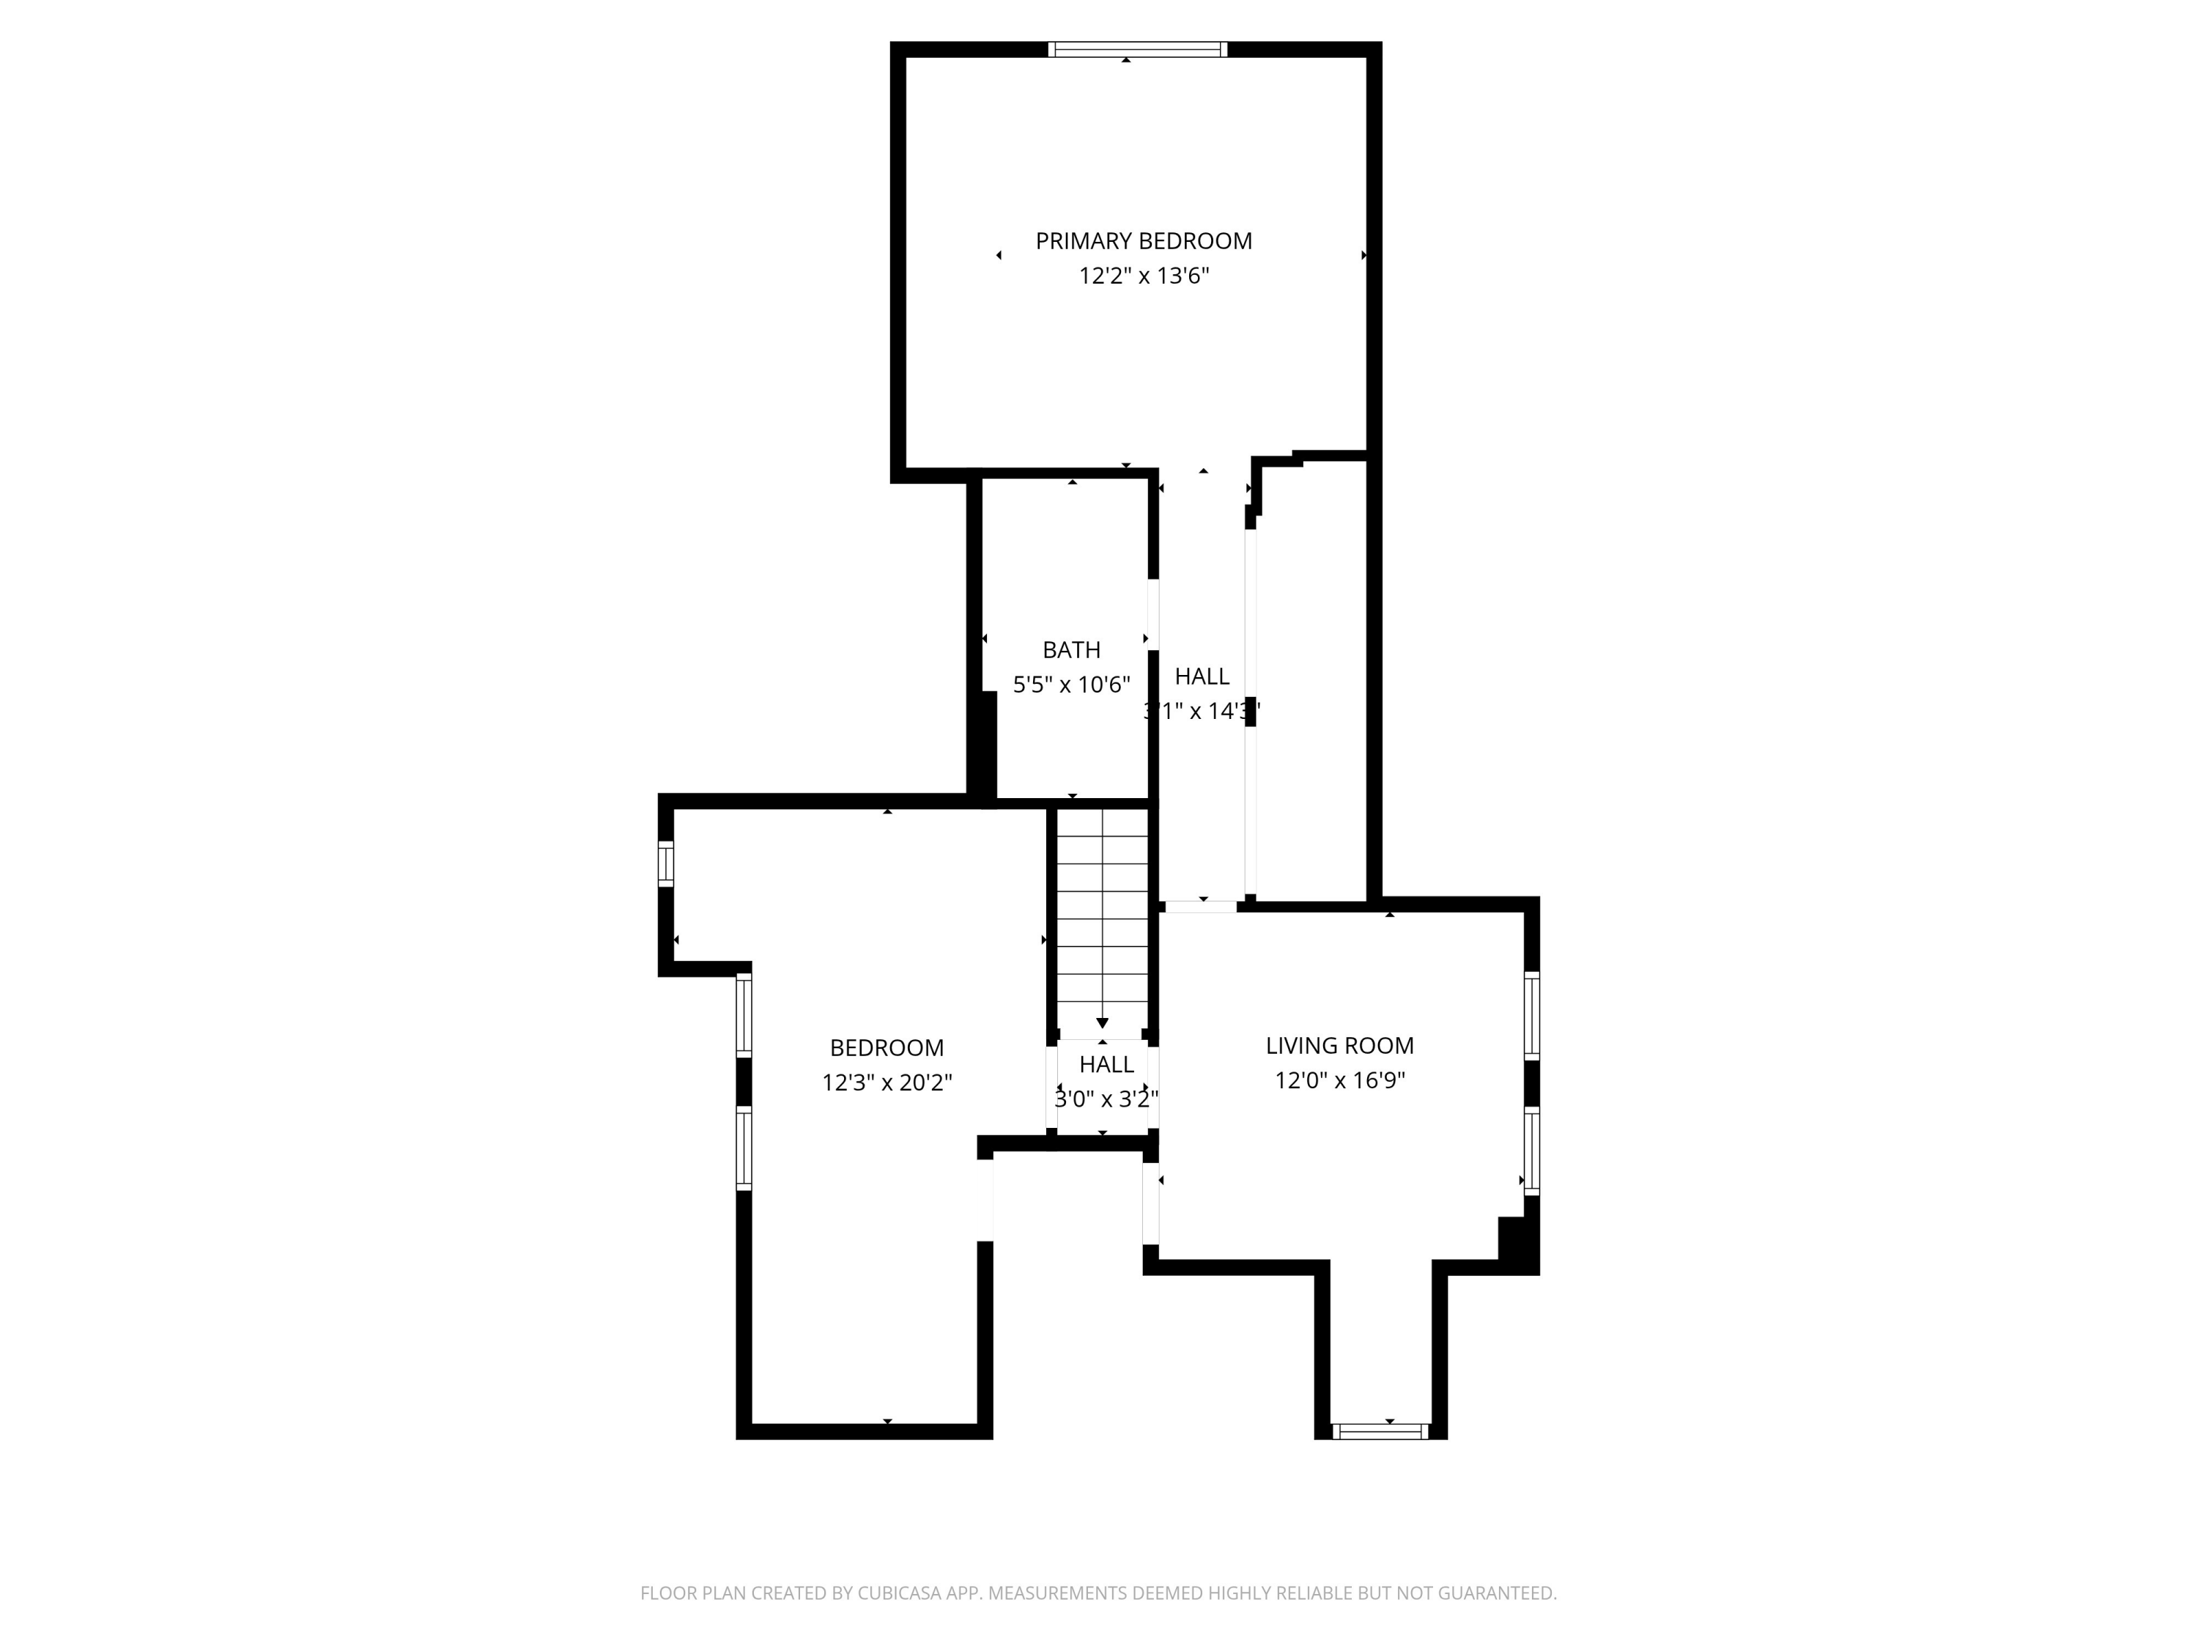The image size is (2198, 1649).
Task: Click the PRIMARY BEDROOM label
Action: click(1143, 240)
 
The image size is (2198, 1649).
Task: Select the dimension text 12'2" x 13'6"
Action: click(1143, 276)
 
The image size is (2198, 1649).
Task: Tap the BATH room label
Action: click(1071, 649)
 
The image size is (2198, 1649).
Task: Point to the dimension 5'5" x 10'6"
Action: click(1071, 684)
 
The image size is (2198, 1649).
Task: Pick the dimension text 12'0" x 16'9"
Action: click(1339, 1080)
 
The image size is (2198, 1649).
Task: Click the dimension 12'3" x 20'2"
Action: click(887, 1082)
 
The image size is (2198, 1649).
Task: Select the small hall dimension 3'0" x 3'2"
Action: click(1106, 1099)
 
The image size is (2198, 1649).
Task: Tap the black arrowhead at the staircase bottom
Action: click(1102, 1023)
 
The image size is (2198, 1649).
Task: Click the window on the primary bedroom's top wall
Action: click(1138, 50)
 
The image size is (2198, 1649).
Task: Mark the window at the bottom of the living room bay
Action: click(1380, 1431)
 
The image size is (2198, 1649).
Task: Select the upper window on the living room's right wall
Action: click(1531, 1015)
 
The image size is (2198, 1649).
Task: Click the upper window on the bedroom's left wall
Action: click(743, 1015)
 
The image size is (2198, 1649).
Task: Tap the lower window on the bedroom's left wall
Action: click(743, 1148)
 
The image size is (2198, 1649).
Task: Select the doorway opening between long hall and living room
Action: click(1200, 906)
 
